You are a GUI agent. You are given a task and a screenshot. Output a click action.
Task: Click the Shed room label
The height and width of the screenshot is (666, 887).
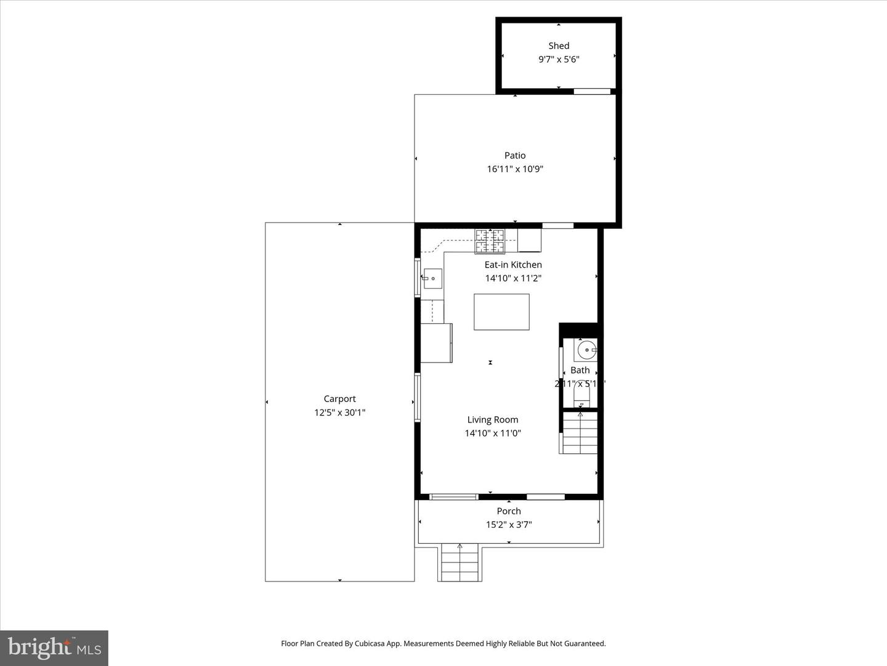[x=559, y=46]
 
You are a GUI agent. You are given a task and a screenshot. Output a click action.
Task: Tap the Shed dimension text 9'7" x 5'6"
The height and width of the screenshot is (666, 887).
[x=559, y=60]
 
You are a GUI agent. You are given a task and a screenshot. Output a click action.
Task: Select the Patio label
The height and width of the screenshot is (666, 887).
[x=515, y=155]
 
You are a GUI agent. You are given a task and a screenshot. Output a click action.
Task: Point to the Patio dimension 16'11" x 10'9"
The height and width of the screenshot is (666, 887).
[x=515, y=169]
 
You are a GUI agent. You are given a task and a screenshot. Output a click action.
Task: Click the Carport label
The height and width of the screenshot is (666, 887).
[x=339, y=399]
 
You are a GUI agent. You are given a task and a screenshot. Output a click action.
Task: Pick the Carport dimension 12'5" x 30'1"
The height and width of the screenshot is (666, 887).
[x=339, y=413]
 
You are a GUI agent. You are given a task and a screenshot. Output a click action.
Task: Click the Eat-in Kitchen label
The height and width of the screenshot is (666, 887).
[x=512, y=265]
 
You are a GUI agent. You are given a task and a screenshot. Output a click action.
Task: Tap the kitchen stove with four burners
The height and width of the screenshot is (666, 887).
[x=490, y=241]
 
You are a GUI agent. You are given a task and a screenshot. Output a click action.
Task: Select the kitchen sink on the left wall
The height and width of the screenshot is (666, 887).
[x=432, y=279]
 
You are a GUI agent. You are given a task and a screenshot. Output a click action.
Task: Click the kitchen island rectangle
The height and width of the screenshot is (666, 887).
[x=501, y=312]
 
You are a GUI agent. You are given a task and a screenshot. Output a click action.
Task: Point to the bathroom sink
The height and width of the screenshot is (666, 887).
[x=586, y=350]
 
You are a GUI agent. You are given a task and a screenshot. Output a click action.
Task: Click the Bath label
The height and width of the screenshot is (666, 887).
[x=580, y=370]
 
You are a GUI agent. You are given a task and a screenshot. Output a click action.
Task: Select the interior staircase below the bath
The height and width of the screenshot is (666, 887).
[x=580, y=432]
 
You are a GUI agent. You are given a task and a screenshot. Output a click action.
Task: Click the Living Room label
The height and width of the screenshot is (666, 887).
[x=492, y=420]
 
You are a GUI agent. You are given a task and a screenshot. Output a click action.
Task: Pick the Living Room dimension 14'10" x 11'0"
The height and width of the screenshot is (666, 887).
[x=492, y=434]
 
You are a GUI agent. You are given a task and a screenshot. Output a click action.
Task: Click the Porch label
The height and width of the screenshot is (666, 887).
[x=509, y=511]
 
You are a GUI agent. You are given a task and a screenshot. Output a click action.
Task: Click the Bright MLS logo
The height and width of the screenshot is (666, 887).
[x=54, y=647]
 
